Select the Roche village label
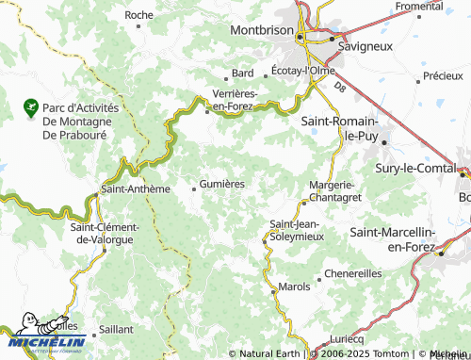click(x=138, y=15)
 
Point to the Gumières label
click(x=222, y=185)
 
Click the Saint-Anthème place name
click(x=135, y=188)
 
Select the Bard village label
click(x=243, y=74)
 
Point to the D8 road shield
click(x=339, y=88)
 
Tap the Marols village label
click(x=295, y=286)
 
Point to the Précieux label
click(x=442, y=75)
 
